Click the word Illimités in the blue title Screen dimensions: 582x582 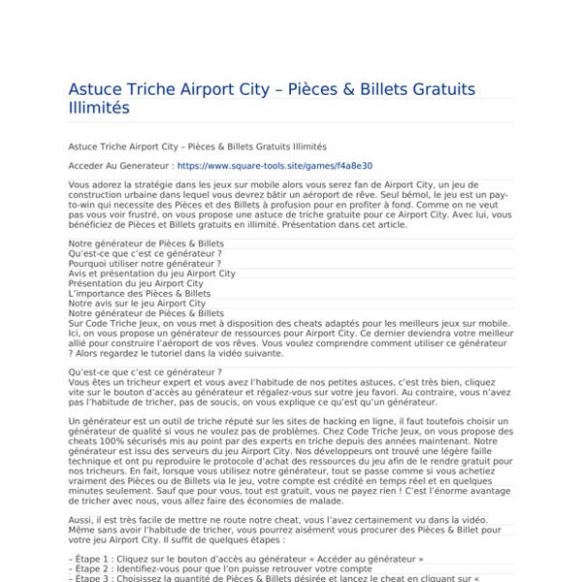98,108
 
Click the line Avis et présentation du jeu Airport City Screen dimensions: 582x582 152,274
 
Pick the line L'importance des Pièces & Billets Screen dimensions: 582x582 140,293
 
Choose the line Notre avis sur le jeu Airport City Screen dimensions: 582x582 137,304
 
